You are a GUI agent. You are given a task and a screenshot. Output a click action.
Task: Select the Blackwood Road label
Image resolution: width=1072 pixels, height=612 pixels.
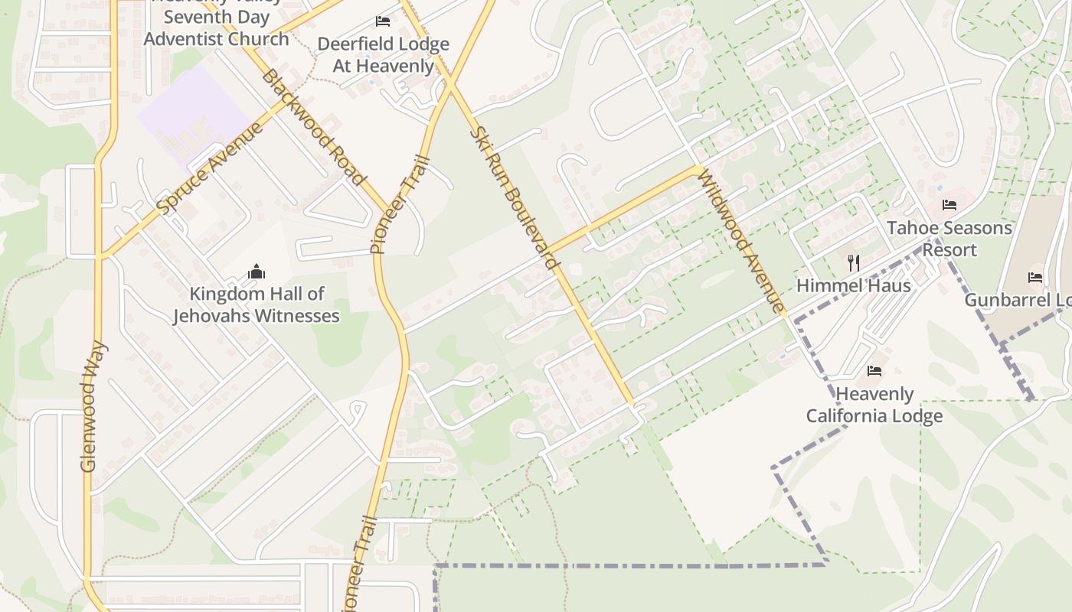coord(312,127)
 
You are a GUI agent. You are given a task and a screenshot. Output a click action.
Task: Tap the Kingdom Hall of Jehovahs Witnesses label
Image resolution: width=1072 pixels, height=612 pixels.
coord(257,304)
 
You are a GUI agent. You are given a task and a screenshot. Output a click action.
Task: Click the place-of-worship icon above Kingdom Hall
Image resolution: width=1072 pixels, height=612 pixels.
coord(257,272)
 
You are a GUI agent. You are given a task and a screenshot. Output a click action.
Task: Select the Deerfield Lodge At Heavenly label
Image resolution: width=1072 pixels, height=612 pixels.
coord(383,55)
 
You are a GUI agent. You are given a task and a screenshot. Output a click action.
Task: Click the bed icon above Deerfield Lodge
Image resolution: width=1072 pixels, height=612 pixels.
coord(383,21)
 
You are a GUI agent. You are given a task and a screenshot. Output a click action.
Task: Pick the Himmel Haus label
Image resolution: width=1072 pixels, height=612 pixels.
coord(854,285)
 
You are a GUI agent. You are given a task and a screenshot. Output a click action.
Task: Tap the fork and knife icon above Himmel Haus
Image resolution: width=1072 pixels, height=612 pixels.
coord(854,263)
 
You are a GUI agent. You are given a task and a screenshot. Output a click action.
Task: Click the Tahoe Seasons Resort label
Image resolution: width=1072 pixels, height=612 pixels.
coord(949,239)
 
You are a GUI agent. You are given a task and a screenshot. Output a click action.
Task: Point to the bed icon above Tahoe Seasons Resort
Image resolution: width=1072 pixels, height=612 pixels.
coord(949,205)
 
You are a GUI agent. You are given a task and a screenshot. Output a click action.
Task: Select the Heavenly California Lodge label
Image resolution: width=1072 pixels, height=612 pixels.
coord(874,405)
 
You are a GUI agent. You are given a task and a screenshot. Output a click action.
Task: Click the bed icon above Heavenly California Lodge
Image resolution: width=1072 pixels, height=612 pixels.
coord(874,371)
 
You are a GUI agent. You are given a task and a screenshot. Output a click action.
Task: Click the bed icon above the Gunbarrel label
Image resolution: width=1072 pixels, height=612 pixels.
coord(1035,278)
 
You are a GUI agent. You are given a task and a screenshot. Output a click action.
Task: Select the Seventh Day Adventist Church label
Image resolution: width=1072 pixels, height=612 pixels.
coord(216,28)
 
